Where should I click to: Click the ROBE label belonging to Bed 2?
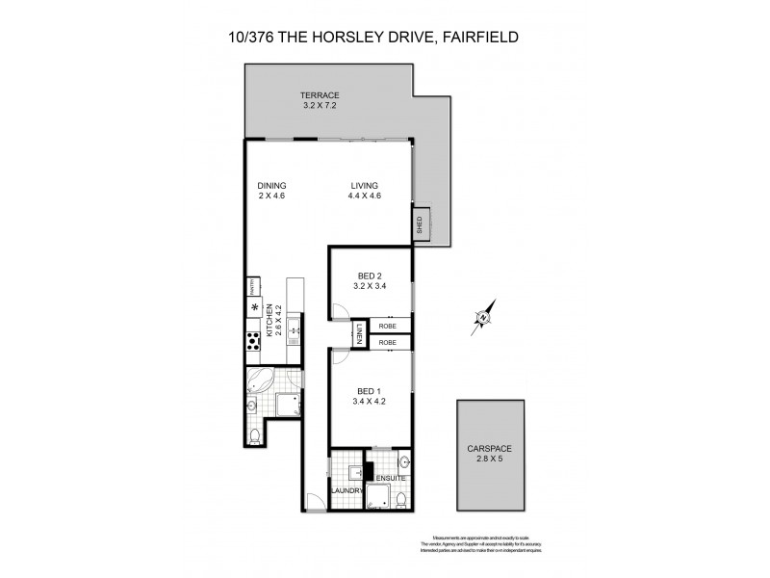pos(388,326)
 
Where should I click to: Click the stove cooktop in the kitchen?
pos(254,340)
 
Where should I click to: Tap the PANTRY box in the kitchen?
pos(255,284)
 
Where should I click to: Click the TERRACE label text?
pos(319,95)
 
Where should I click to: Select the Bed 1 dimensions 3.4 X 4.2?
pos(369,402)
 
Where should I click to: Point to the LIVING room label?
pos(364,186)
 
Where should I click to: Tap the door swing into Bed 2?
pos(339,310)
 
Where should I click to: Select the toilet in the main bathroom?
pos(254,438)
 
